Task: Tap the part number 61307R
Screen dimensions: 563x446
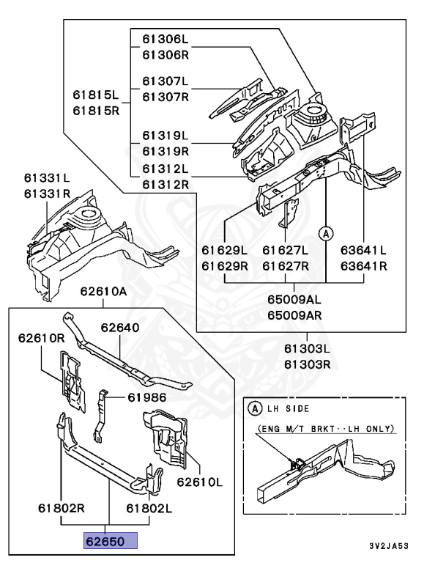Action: click(x=165, y=96)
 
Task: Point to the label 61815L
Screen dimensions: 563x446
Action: click(x=95, y=95)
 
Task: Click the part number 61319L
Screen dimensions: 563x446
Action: click(x=165, y=136)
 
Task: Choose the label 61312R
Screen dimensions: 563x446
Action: click(x=165, y=184)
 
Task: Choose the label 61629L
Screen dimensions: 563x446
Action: click(x=225, y=250)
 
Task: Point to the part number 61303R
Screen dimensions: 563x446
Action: click(x=308, y=364)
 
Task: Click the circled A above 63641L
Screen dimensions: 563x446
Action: click(x=326, y=233)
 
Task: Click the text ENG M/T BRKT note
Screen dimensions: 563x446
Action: click(x=325, y=428)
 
